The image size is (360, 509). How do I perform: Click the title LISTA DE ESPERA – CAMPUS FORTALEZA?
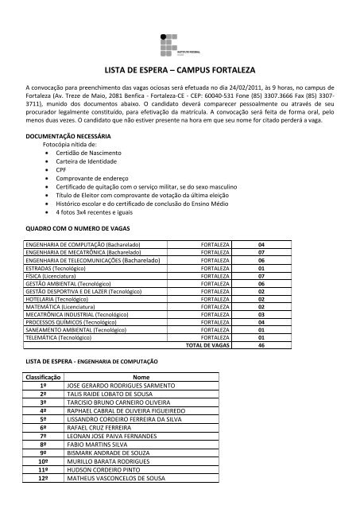(180, 69)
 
